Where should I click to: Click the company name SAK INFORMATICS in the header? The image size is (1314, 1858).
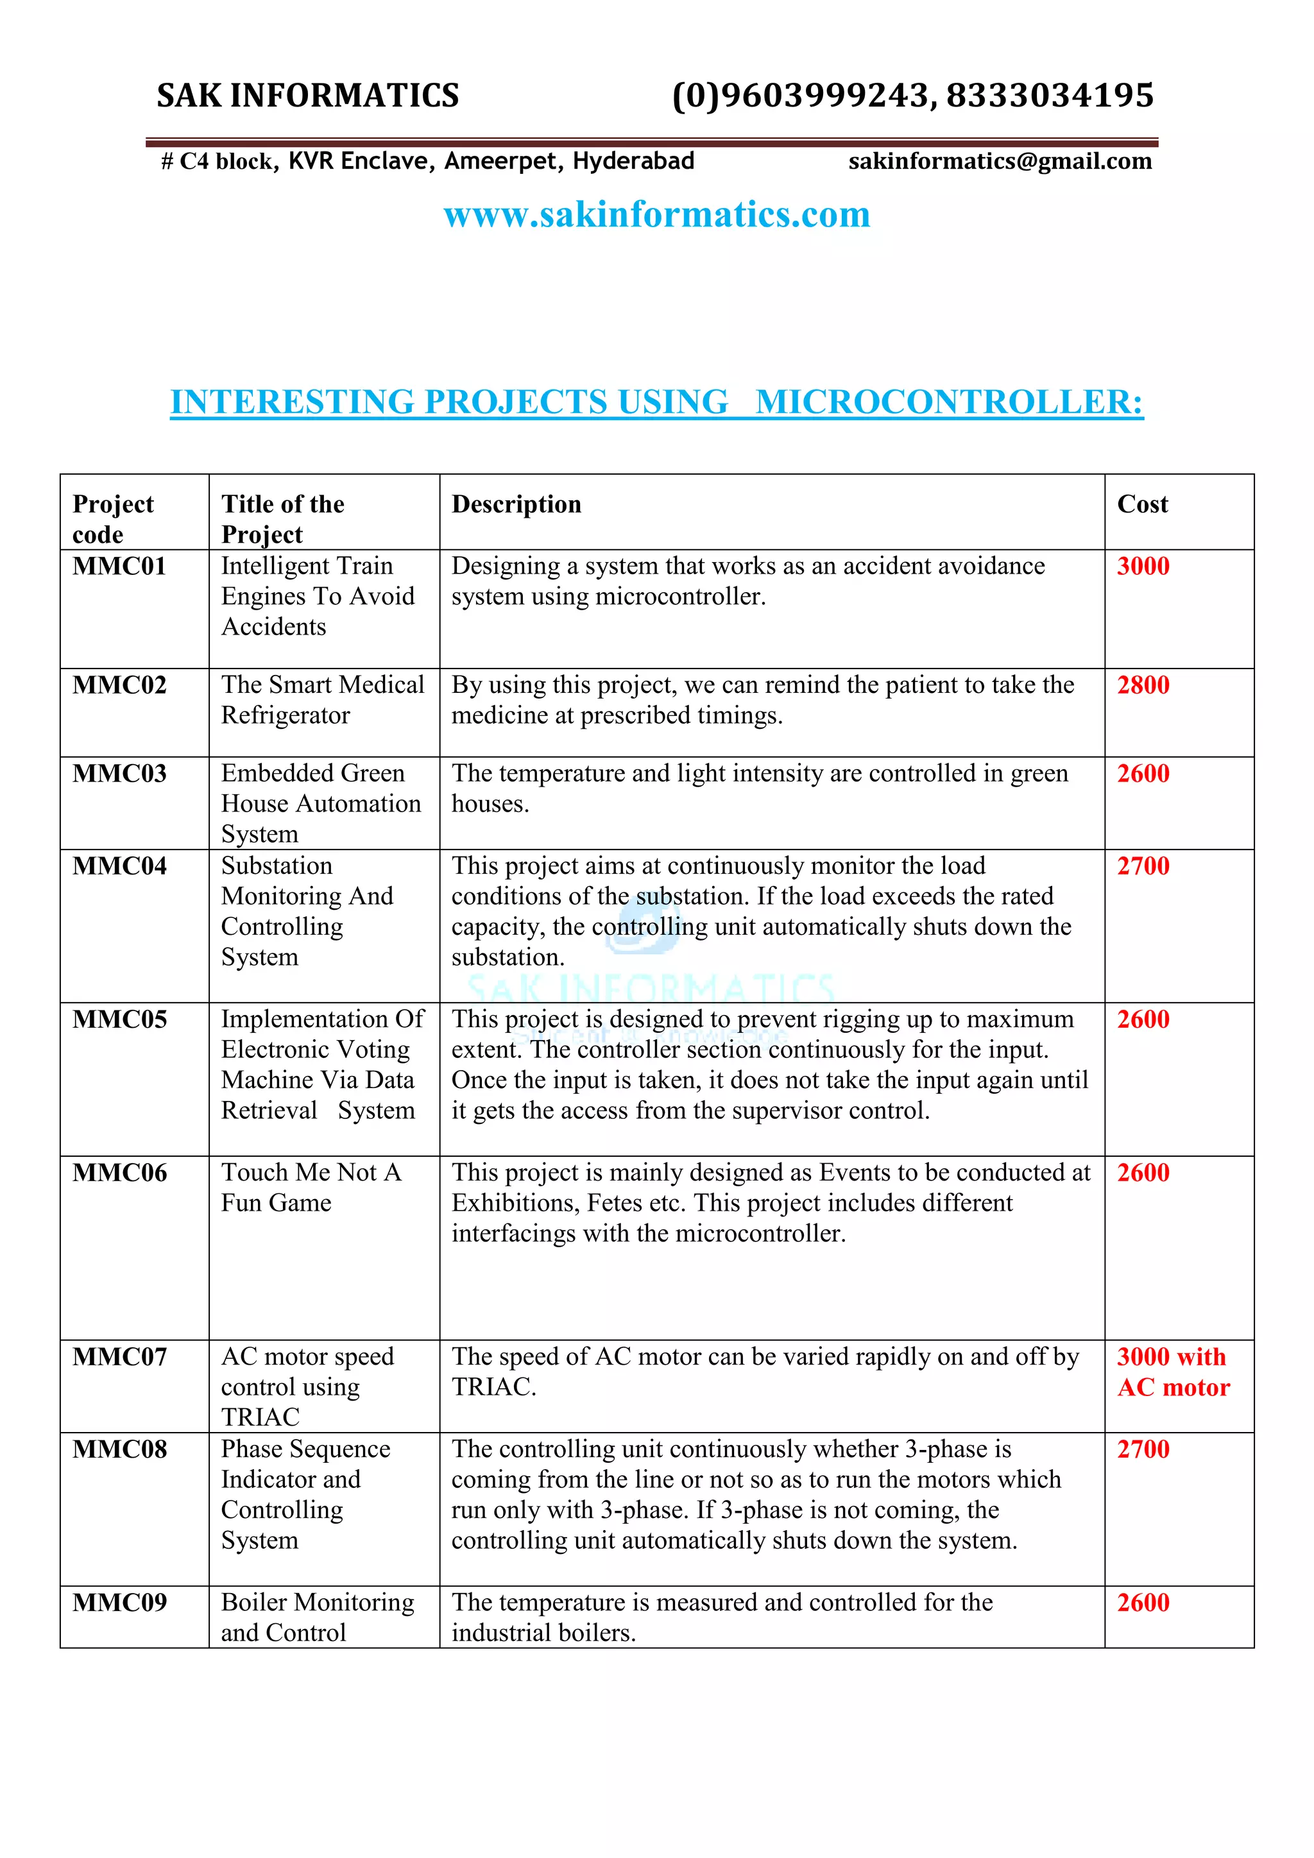point(307,96)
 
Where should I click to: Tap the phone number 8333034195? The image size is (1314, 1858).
point(1050,96)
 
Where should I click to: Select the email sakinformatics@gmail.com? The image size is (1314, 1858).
point(1000,161)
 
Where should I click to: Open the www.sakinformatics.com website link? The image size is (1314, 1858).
point(657,214)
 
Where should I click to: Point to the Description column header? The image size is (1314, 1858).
point(516,504)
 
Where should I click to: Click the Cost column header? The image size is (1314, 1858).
point(1143,504)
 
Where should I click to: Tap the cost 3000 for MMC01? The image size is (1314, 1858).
point(1143,567)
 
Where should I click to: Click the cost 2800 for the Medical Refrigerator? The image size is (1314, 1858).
point(1143,685)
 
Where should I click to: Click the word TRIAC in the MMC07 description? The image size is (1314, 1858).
point(493,1387)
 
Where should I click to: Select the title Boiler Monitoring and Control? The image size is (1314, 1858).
point(317,1617)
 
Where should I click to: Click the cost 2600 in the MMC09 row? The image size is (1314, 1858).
point(1143,1602)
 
